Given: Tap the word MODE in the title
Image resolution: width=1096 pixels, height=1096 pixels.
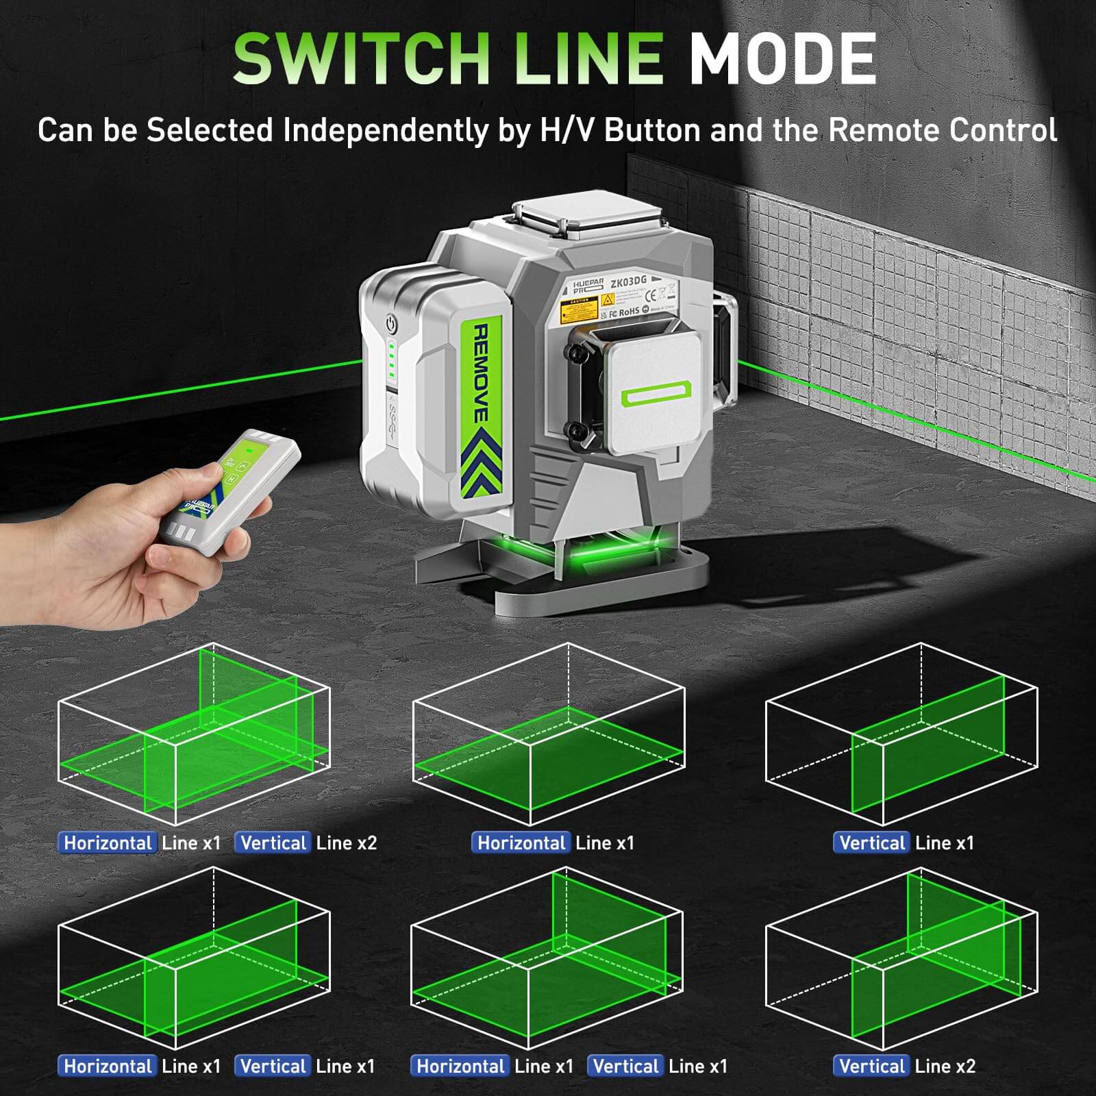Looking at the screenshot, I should (x=782, y=60).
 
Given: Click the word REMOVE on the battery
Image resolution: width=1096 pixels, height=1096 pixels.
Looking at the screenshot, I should (x=481, y=373).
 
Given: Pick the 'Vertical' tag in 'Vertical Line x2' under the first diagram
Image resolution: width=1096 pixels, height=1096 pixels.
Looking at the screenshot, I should (x=274, y=843).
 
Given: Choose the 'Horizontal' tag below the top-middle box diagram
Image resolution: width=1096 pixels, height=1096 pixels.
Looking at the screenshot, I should (x=521, y=843).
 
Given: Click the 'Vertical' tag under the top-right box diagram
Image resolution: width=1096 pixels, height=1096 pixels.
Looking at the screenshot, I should (x=872, y=843).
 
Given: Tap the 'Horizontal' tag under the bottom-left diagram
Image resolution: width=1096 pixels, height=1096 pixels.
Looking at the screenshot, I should (x=108, y=1066).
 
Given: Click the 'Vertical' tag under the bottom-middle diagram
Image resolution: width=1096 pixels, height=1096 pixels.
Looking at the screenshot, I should (x=625, y=1066).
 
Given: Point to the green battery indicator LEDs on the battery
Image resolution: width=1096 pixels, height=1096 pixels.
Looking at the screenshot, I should (x=392, y=361).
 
